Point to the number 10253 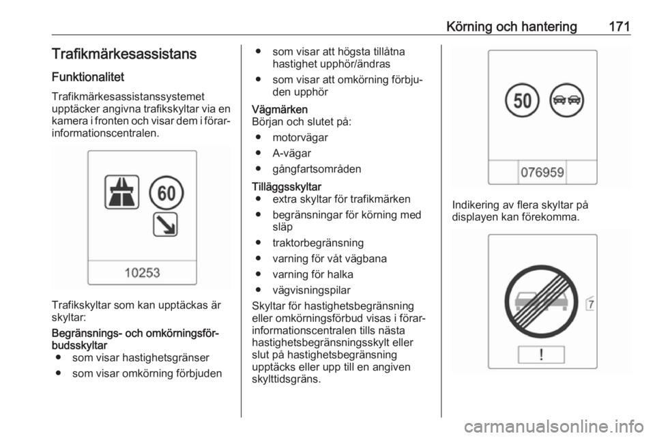click(x=142, y=272)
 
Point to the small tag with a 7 click(x=589, y=304)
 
